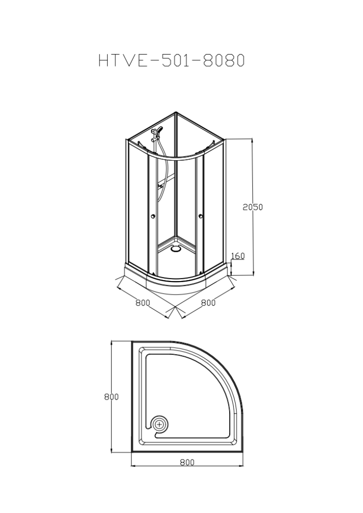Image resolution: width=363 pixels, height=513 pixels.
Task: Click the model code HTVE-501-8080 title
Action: [x=171, y=60]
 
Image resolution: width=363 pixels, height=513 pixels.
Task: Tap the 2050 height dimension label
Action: [x=252, y=207]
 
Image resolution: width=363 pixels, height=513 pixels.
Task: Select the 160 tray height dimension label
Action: [x=238, y=256]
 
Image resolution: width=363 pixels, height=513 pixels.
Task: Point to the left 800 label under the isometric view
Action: [x=143, y=303]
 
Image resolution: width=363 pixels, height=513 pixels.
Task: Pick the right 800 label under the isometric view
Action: [x=208, y=303]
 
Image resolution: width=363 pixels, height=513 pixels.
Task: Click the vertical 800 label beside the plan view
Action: [x=111, y=397]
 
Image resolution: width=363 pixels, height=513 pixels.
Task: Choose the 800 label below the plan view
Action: [x=187, y=462]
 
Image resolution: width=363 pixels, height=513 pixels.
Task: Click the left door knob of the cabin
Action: [x=152, y=216]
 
